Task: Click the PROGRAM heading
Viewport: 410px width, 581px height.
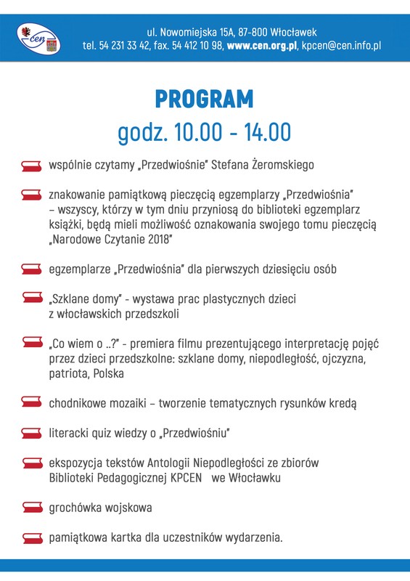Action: (x=205, y=99)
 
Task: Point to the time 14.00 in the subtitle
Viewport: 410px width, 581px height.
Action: (x=267, y=132)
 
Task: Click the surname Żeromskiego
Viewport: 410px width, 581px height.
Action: (x=283, y=165)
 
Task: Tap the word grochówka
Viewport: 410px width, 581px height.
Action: (x=75, y=507)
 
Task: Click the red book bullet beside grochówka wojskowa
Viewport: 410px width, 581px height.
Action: (x=31, y=507)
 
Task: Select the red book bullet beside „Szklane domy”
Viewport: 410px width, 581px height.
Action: (x=31, y=298)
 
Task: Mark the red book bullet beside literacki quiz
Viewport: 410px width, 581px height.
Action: (x=31, y=434)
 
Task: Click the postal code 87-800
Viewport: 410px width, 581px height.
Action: (x=250, y=32)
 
